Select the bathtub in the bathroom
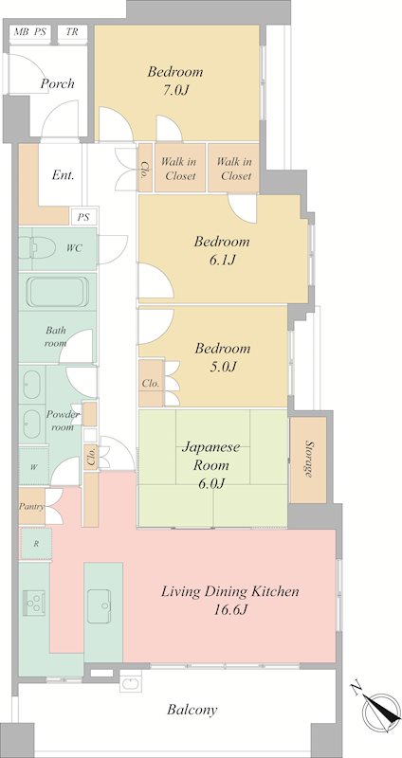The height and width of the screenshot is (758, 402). pos(58,292)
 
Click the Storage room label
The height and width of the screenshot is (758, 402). pos(308,460)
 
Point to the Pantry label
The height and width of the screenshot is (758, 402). pos(31,507)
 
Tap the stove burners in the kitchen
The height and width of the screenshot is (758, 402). pos(34,603)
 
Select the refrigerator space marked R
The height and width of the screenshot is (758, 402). pos(35,543)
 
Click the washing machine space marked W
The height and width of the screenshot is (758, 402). pos(34,467)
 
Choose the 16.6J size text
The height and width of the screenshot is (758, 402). pos(230,609)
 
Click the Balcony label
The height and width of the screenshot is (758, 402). pos(192,710)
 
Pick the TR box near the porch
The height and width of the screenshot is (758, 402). pos(72,32)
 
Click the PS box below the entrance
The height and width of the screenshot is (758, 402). pos(83,217)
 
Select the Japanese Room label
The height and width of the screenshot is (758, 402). pos(210,456)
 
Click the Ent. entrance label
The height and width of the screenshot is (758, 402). pos(64,175)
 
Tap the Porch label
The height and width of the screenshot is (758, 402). pos(57,83)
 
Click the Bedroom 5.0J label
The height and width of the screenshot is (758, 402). pos(223,357)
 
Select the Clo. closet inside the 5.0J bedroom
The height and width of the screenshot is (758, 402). pos(151,384)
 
